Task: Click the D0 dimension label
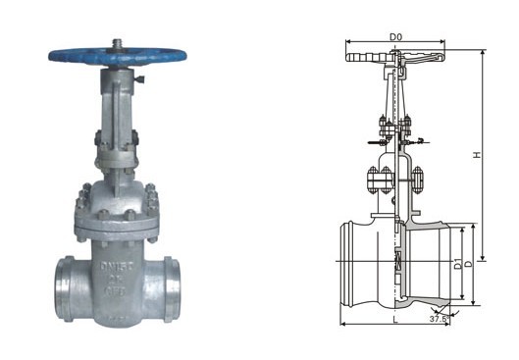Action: [394, 37]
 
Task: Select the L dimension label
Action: [394, 321]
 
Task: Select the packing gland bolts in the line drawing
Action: [394, 126]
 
